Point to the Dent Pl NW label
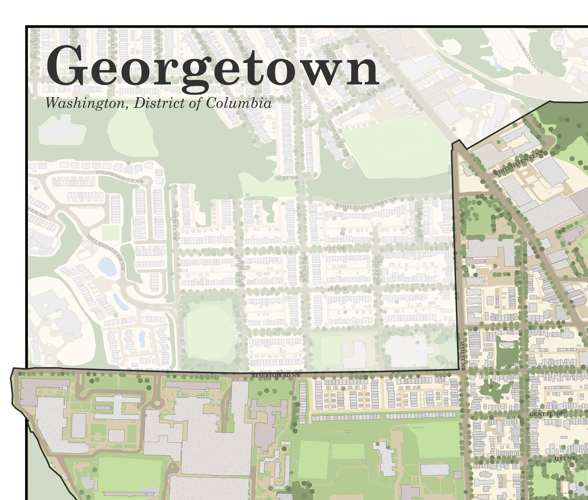[x=546, y=414]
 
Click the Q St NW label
[x=565, y=458]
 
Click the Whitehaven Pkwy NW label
[x=366, y=203]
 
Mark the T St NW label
[x=335, y=249]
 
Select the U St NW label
[x=288, y=177]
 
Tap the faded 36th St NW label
[x=376, y=270]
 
